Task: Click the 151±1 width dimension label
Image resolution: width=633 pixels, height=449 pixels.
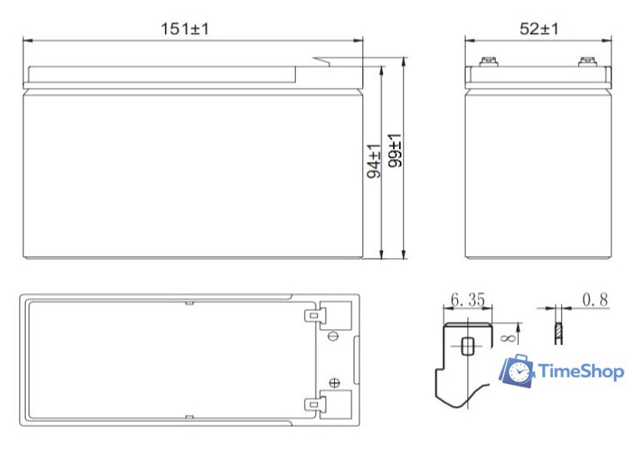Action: click(x=185, y=28)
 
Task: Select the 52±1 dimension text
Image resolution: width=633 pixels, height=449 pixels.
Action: click(x=540, y=28)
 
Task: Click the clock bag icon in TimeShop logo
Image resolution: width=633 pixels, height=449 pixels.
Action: click(x=516, y=370)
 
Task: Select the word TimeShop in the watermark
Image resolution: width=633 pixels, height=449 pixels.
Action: click(x=581, y=371)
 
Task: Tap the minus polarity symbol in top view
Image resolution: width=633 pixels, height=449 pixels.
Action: click(x=333, y=336)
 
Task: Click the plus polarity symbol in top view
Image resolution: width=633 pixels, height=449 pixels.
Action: click(x=334, y=383)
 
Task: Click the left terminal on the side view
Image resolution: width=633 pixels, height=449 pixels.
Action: click(x=487, y=61)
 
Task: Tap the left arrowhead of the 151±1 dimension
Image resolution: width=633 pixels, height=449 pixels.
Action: click(x=25, y=39)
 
